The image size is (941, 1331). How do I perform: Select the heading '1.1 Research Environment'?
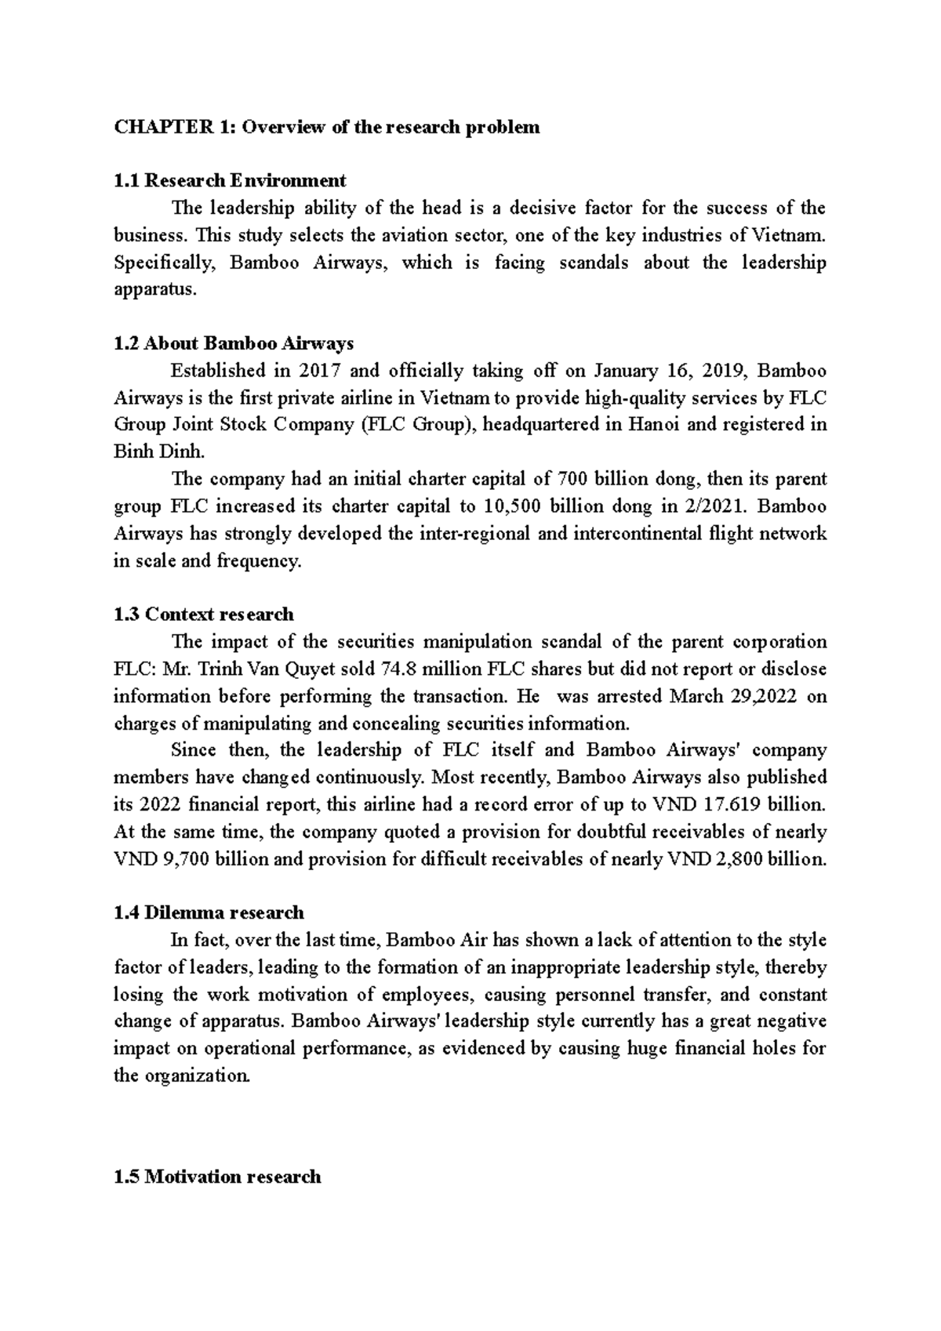click(x=230, y=181)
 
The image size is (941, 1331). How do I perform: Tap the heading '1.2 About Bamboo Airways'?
click(x=234, y=343)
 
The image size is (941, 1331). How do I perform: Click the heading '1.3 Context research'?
click(x=204, y=614)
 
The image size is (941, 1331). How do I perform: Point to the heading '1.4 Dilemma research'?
click(x=209, y=912)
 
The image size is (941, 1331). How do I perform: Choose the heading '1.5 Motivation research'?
click(x=217, y=1177)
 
